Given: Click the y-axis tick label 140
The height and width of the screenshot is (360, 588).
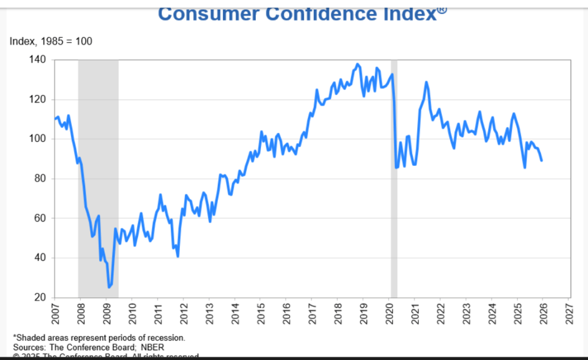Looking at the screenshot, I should pos(38,59).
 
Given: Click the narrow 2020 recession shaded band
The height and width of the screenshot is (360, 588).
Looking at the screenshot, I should pos(394,173).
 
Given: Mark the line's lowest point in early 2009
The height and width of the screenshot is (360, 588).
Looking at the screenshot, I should pos(109,286).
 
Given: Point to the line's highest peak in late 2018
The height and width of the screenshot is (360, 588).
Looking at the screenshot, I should pos(358,64).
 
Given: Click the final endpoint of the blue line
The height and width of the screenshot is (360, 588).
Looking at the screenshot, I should pos(542,160).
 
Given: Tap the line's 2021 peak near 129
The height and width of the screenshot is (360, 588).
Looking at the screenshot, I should pos(426,82).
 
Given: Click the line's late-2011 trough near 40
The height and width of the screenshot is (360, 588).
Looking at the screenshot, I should pos(178,256).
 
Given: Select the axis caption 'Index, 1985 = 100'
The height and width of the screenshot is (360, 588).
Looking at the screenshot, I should pos(51,41).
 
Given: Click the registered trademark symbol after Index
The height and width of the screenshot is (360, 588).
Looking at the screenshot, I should pos(442,8).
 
